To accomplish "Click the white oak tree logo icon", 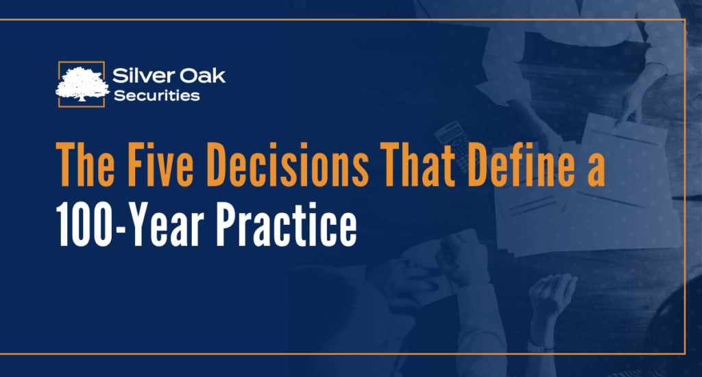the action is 82,84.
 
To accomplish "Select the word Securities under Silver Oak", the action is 157,95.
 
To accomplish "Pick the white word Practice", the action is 287,225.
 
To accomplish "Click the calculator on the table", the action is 452,144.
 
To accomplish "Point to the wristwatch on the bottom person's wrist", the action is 540,347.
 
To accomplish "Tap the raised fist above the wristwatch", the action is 553,296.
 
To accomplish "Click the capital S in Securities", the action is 119,95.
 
